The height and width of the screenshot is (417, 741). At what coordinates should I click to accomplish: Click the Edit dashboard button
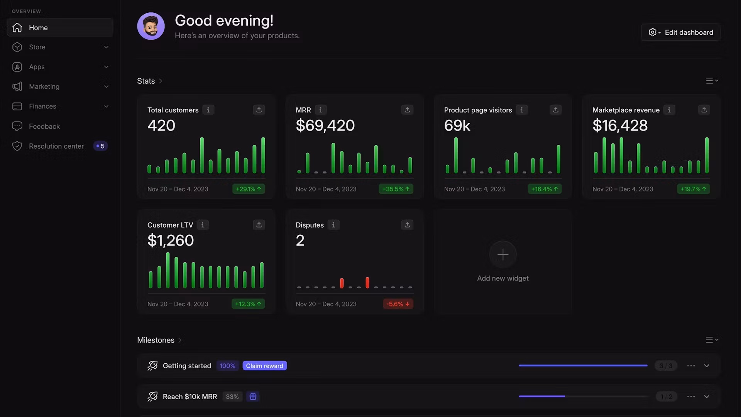pyautogui.click(x=681, y=32)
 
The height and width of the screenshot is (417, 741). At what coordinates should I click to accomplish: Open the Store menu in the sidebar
pyautogui.click(x=60, y=47)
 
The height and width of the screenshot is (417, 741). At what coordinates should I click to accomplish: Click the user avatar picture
pyautogui.click(x=151, y=26)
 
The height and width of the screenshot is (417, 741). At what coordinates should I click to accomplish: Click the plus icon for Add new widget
pyautogui.click(x=503, y=254)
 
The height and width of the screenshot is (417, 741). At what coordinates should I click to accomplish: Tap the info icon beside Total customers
pyautogui.click(x=208, y=110)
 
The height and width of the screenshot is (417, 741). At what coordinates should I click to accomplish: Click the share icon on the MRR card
pyautogui.click(x=407, y=110)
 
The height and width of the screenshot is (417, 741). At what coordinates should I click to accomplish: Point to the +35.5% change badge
pyautogui.click(x=396, y=189)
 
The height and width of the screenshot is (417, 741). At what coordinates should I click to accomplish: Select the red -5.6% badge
pyautogui.click(x=398, y=304)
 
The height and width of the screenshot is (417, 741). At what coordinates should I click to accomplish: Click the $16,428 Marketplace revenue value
pyautogui.click(x=620, y=125)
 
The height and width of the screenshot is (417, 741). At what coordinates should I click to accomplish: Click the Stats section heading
pyautogui.click(x=146, y=81)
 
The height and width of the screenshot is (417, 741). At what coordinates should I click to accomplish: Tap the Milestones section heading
pyautogui.click(x=156, y=340)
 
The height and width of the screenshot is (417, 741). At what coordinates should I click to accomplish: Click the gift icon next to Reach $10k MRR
pyautogui.click(x=253, y=397)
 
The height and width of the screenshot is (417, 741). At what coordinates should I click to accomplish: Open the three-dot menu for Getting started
pyautogui.click(x=691, y=366)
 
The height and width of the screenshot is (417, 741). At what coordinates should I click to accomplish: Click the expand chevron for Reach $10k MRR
pyautogui.click(x=707, y=397)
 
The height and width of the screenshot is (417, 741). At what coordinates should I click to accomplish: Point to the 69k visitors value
pyautogui.click(x=457, y=125)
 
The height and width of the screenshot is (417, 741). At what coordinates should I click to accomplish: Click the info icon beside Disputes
pyautogui.click(x=333, y=225)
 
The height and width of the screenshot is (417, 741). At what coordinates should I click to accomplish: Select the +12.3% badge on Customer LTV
pyautogui.click(x=248, y=304)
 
